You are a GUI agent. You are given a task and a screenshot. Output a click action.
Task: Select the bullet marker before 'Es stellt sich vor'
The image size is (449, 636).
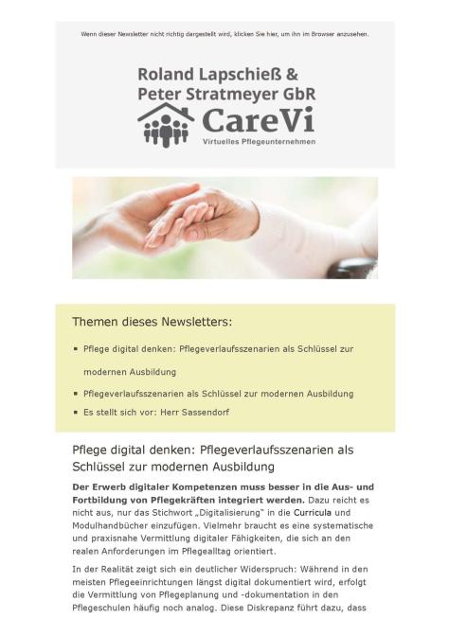point(76,412)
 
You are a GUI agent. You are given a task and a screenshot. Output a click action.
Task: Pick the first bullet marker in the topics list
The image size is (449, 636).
point(76,349)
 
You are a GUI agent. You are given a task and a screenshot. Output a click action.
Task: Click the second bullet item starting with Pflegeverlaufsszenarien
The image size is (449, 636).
point(218,393)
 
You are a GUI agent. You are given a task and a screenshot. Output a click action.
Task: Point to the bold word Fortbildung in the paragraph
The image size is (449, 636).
point(109,498)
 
